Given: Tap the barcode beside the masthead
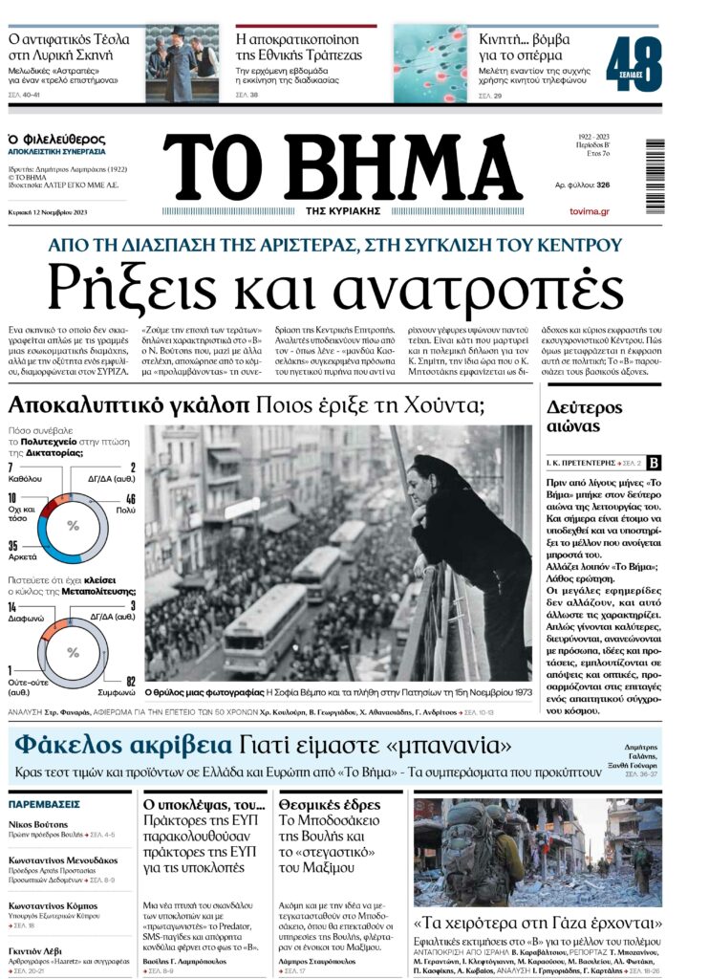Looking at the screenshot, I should click(x=655, y=177).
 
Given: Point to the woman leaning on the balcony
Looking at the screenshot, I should click(x=468, y=555).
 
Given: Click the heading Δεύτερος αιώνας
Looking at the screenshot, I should click(x=586, y=416).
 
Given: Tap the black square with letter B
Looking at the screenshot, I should click(x=654, y=463).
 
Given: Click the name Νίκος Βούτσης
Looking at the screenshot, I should click(x=38, y=824).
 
